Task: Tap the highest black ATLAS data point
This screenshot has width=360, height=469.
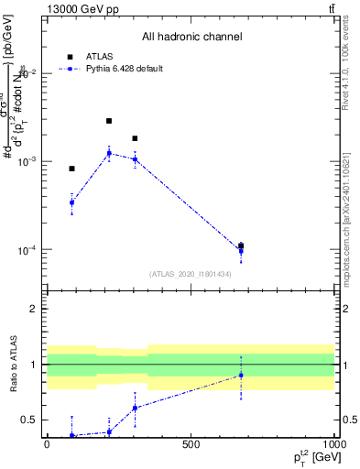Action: [x=109, y=121]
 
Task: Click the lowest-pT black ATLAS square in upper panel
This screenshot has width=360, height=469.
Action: [x=71, y=169]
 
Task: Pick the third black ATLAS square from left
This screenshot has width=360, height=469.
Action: [x=135, y=138]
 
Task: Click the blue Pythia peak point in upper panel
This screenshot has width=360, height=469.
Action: [x=109, y=153]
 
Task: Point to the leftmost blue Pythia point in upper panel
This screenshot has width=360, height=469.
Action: [x=71, y=202]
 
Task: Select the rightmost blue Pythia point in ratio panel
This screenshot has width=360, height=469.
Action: [x=241, y=375]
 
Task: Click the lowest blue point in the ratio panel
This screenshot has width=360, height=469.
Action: [x=71, y=435]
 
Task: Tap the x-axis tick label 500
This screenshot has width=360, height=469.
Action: [x=191, y=445]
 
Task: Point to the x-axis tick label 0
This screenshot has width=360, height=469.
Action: [x=47, y=445]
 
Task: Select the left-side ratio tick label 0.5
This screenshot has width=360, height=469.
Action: [x=32, y=420]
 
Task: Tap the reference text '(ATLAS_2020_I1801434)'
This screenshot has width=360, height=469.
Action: [x=190, y=274]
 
